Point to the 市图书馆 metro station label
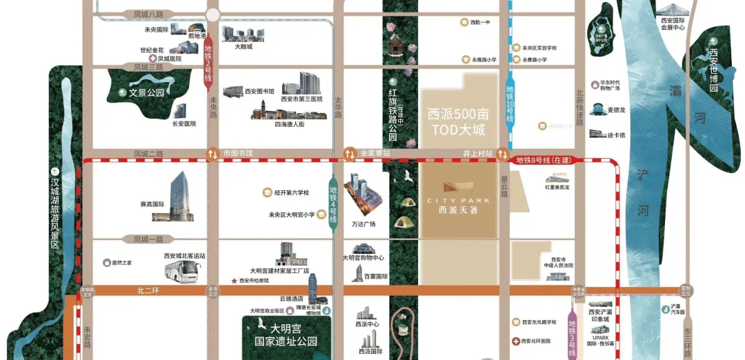(239, 152)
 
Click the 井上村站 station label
(478, 152)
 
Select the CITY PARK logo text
(458, 200)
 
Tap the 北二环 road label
(147, 291)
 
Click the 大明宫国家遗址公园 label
(284, 334)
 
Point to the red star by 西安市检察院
(235, 281)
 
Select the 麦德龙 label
(615, 110)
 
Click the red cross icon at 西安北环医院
(516, 341)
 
